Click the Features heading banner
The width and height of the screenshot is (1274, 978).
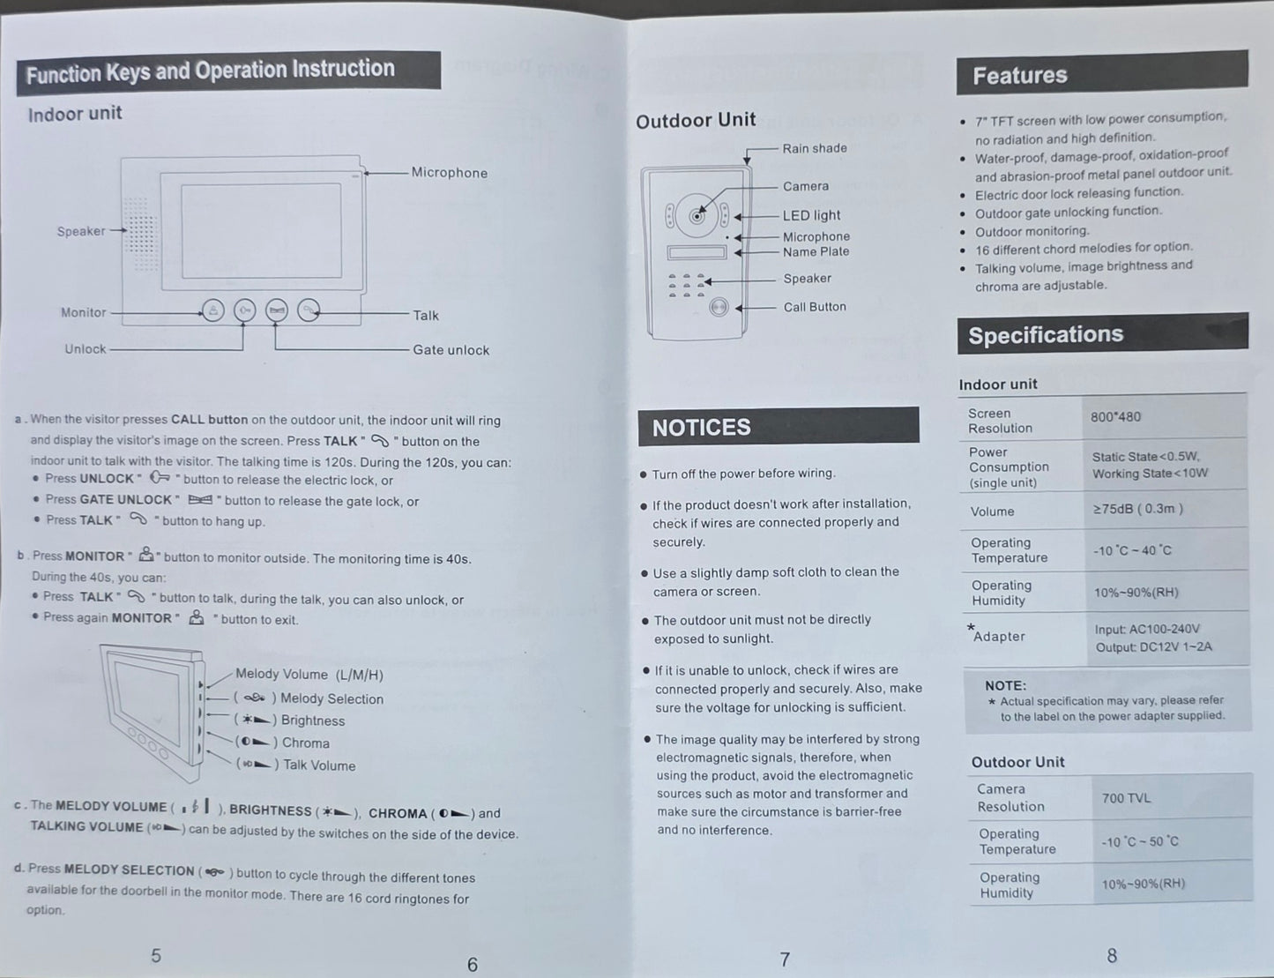click(1101, 74)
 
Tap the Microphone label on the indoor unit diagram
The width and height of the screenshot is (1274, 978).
click(449, 173)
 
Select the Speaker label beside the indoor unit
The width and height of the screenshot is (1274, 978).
click(80, 231)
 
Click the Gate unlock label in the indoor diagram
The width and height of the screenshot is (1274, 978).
click(451, 350)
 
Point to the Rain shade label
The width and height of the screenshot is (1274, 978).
click(814, 148)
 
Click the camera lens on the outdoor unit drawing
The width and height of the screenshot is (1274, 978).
click(697, 215)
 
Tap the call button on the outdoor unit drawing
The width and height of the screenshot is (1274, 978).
click(719, 308)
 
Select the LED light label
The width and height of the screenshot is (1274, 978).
click(811, 215)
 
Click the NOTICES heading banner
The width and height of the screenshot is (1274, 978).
click(778, 427)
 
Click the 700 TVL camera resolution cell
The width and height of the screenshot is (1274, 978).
click(1126, 798)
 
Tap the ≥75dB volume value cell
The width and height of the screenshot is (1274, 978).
click(1137, 509)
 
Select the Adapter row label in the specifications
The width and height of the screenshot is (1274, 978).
click(999, 637)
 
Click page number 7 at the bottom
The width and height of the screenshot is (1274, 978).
click(785, 959)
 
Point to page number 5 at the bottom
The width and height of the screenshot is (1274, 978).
click(156, 955)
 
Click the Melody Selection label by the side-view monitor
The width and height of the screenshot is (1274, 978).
click(331, 698)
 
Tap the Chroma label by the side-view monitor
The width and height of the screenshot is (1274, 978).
click(305, 743)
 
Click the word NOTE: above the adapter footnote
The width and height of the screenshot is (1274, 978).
click(1005, 685)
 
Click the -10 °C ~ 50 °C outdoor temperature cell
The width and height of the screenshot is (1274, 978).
click(1139, 841)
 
